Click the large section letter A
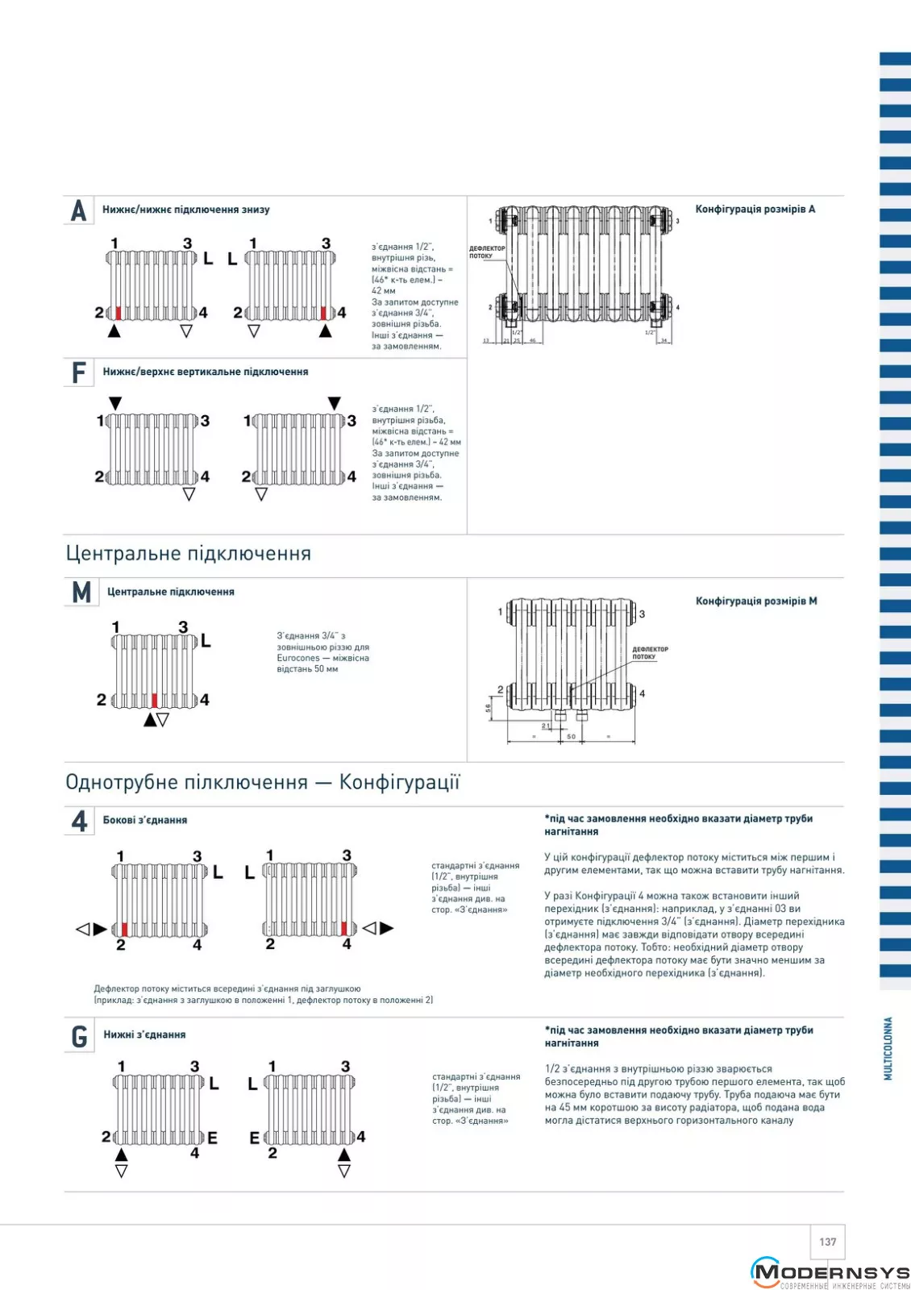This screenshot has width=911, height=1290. pos(78,210)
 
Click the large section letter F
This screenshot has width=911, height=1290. pos(78,372)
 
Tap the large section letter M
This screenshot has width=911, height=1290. pos(81,593)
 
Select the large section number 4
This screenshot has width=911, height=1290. pos(79,821)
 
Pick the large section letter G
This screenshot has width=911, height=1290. pos(79,1036)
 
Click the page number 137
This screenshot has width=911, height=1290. pos(827,1242)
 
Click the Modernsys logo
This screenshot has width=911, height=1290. pos(830,1273)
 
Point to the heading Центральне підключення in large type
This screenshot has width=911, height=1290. pos(188,554)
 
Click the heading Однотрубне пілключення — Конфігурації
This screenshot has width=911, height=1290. pos(262,782)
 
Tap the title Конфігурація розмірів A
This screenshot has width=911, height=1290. pos(755,210)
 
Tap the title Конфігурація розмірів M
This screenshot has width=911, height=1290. pos(755,601)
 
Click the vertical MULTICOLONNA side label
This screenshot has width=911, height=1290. pos(888,1047)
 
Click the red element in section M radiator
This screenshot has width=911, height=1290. pos(155,700)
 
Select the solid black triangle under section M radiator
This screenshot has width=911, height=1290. pos(150,720)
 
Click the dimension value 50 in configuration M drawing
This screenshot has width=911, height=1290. pos(571,736)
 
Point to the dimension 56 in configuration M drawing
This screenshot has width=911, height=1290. pos(488,708)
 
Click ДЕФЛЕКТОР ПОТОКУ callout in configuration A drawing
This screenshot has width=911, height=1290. pos(487,252)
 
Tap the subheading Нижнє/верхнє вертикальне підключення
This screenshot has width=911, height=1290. pos(205,372)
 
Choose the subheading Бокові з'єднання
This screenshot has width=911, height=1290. pos(145,820)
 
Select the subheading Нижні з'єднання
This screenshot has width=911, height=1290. pos(144,1034)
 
